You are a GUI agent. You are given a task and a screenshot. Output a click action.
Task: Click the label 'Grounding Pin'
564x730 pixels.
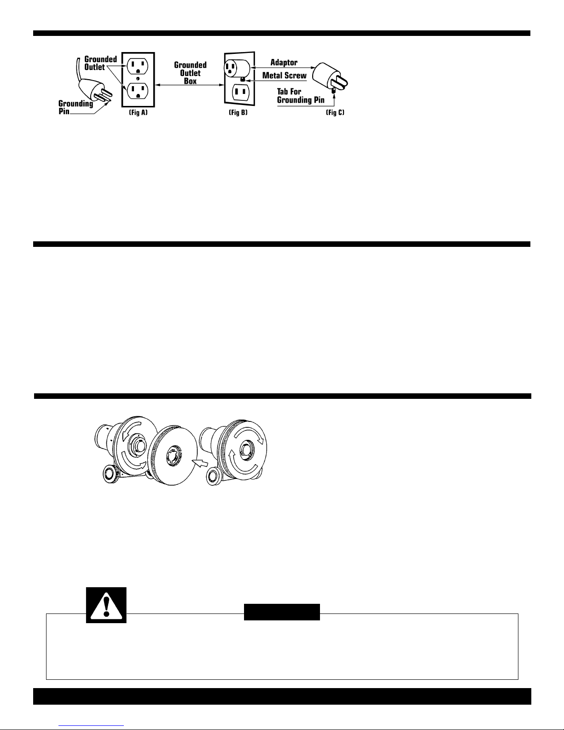click(x=76, y=107)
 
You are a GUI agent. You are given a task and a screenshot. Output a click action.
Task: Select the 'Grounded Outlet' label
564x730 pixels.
click(x=100, y=64)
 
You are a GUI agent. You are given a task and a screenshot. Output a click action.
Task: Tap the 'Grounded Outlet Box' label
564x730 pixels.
click(x=190, y=73)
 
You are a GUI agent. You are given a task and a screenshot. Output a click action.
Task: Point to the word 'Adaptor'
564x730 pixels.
click(x=284, y=63)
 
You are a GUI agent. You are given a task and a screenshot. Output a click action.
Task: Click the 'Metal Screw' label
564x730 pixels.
click(x=284, y=76)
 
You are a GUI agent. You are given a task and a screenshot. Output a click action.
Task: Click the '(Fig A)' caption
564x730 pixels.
click(x=138, y=113)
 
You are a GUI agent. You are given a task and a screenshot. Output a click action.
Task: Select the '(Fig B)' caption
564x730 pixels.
click(x=238, y=113)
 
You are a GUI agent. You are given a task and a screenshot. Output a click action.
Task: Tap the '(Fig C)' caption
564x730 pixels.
click(x=334, y=113)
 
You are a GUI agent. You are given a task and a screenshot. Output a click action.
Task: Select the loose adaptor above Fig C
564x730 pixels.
click(x=328, y=76)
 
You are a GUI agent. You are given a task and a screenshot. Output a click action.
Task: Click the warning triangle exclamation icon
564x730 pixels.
click(x=106, y=606)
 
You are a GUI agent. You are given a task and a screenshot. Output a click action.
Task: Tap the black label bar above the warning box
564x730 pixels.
click(x=282, y=612)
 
